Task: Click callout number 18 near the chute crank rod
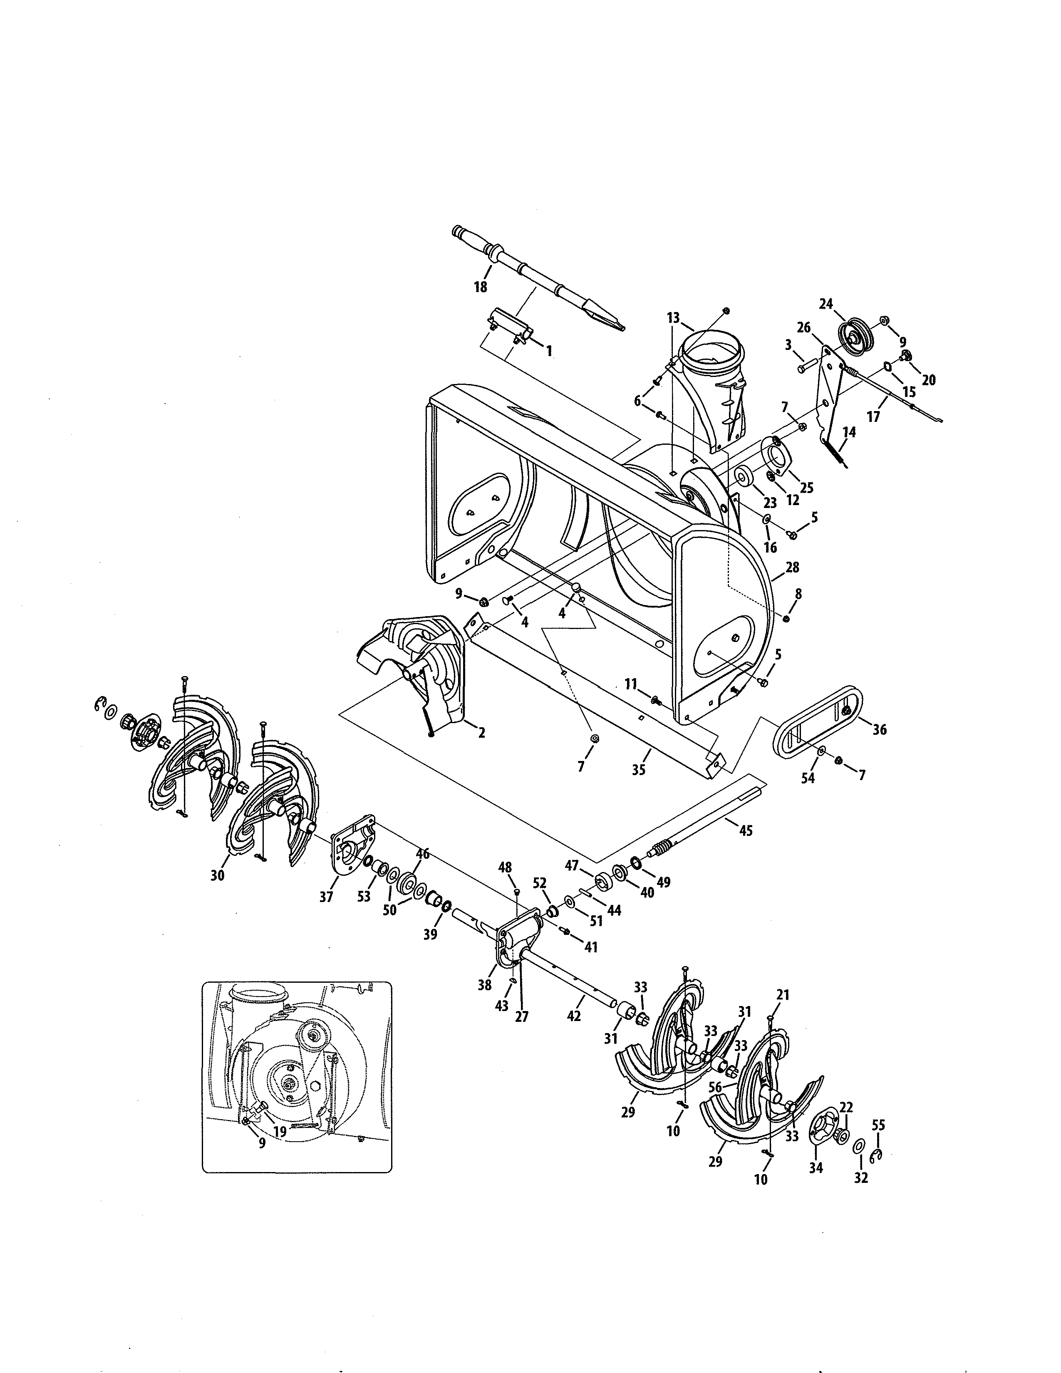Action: click(480, 287)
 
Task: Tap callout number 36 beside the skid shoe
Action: click(879, 730)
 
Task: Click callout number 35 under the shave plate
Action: click(639, 769)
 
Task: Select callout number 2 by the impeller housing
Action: click(481, 732)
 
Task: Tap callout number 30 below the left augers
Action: click(218, 875)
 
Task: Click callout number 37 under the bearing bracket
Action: click(326, 897)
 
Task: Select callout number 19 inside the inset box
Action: click(280, 1132)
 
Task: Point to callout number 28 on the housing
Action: click(793, 567)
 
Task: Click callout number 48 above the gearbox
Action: click(506, 867)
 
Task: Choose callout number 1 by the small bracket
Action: click(549, 351)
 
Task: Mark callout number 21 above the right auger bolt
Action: click(783, 995)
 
